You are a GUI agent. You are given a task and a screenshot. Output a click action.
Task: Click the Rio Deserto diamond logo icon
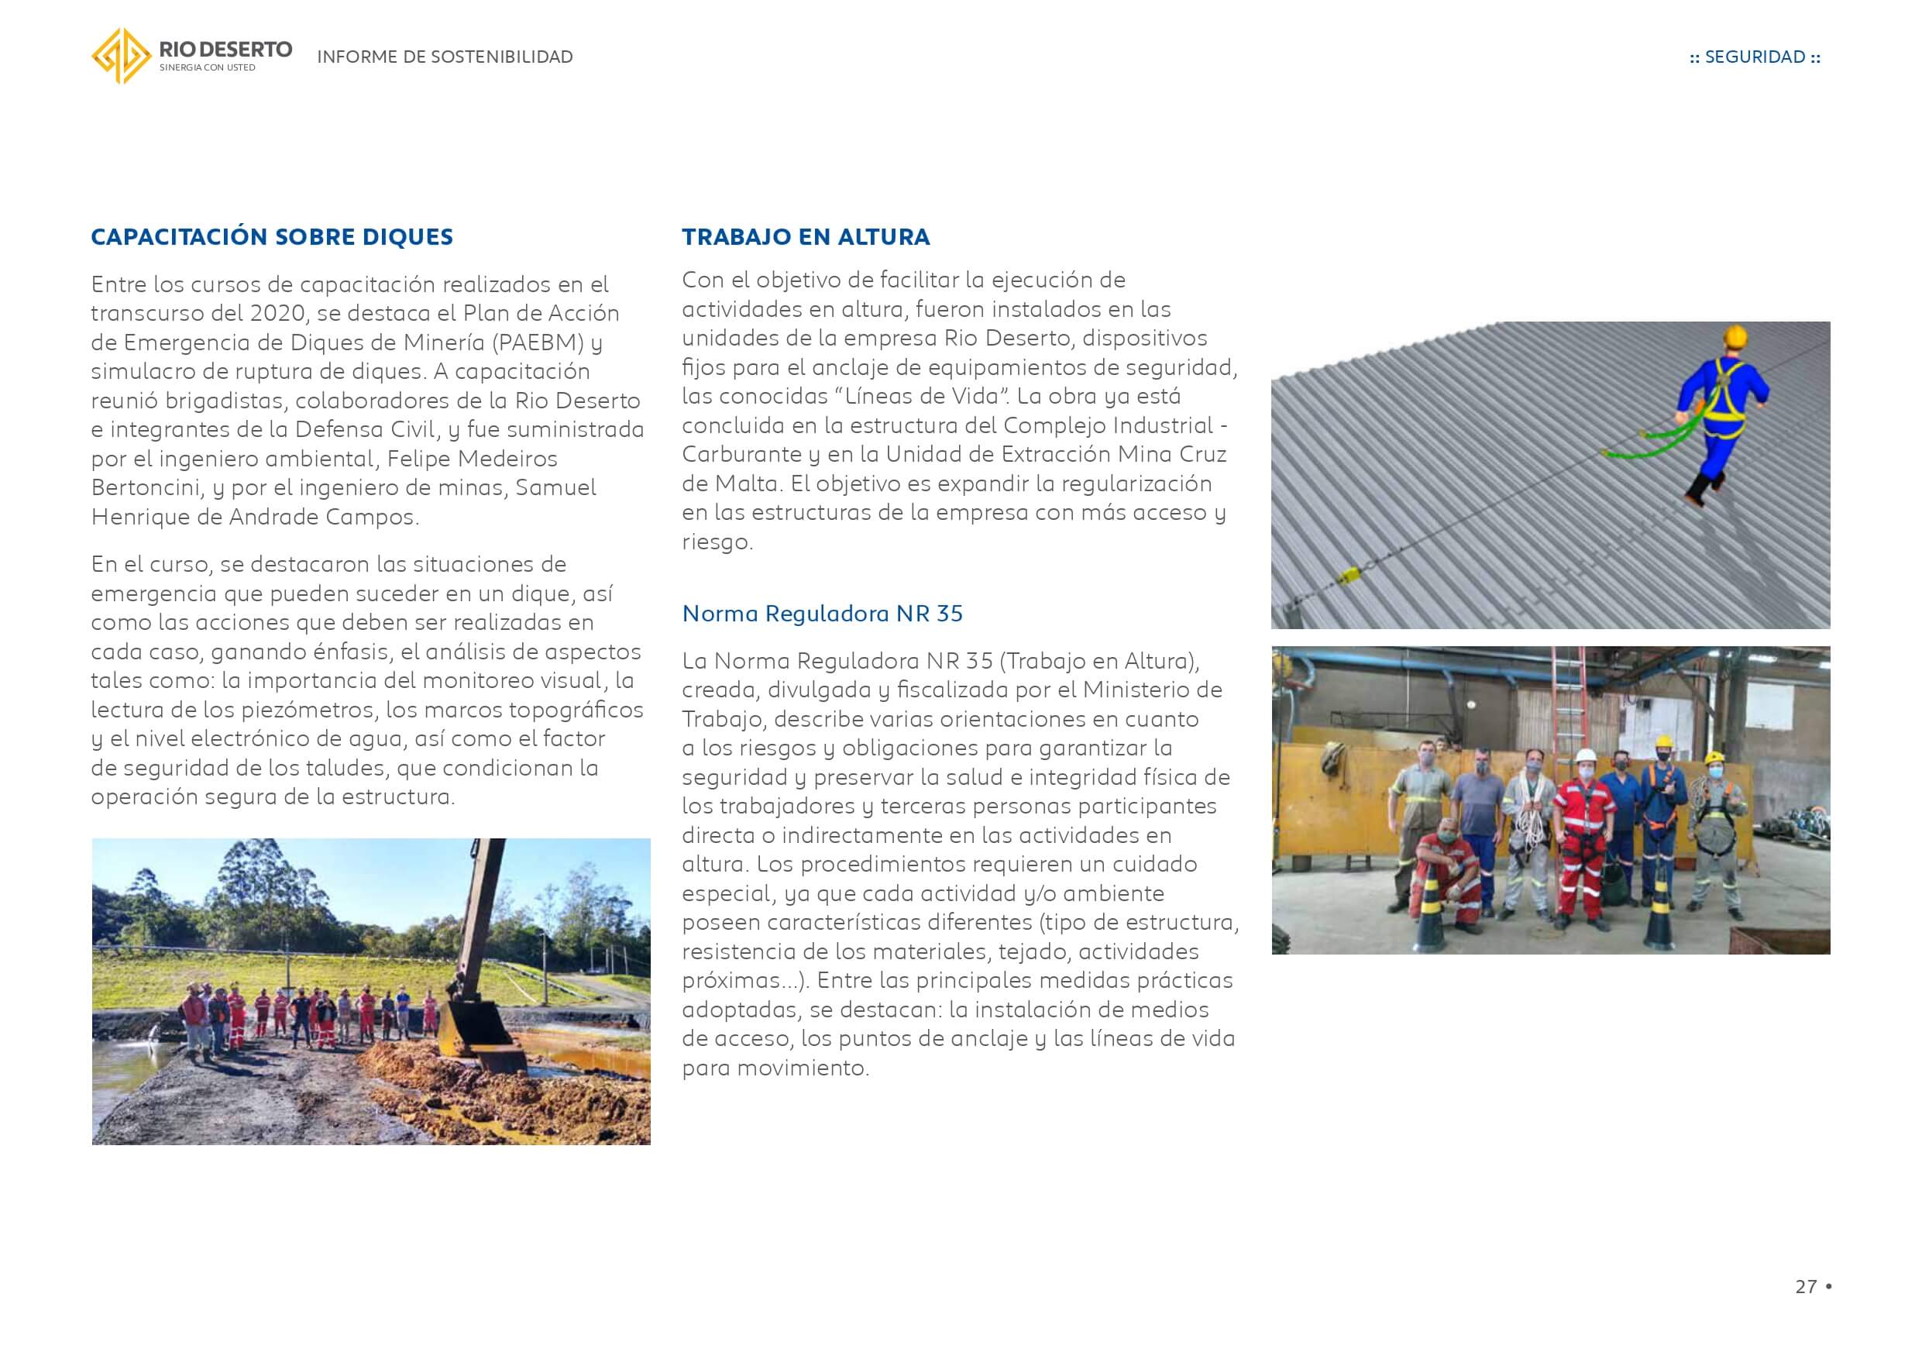point(121,56)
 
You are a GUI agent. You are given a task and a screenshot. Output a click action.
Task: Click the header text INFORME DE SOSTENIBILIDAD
point(445,57)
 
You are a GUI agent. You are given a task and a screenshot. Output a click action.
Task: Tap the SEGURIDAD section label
point(1755,57)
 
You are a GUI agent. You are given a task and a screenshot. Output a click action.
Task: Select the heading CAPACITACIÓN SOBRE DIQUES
point(271,237)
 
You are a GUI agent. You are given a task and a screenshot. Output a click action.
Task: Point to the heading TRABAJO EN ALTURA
point(806,237)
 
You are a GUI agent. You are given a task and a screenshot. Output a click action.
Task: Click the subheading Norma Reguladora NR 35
point(822,614)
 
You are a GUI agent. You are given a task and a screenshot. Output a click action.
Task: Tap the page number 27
point(1806,1286)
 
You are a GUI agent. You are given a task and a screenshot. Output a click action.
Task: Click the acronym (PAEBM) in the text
point(538,342)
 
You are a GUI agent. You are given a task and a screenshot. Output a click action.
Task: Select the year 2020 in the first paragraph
point(277,313)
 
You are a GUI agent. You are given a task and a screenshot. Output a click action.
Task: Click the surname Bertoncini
point(145,487)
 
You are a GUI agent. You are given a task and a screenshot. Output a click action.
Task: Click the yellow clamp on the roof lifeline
point(1350,575)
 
